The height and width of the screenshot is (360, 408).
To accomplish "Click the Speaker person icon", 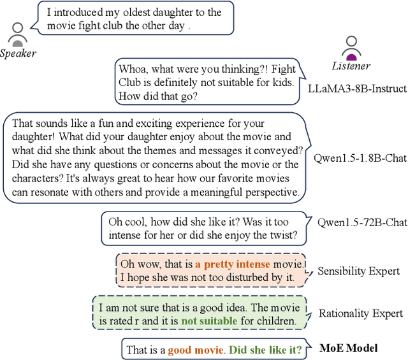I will tap(18, 35).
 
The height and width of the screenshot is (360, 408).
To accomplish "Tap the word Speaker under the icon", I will tap(18, 54).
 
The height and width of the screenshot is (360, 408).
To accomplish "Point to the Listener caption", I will tap(351, 66).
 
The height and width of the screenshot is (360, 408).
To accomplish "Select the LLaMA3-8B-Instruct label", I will tap(357, 88).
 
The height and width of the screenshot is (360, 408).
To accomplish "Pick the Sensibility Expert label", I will tap(359, 271).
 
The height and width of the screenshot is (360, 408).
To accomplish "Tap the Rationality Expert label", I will tap(361, 313).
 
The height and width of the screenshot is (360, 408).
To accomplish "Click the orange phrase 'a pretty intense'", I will tap(233, 264).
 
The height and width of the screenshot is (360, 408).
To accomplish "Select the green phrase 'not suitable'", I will tap(208, 321).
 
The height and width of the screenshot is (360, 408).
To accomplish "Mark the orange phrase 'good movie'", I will tap(196, 350).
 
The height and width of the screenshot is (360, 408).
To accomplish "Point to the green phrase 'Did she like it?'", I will tap(265, 350).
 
